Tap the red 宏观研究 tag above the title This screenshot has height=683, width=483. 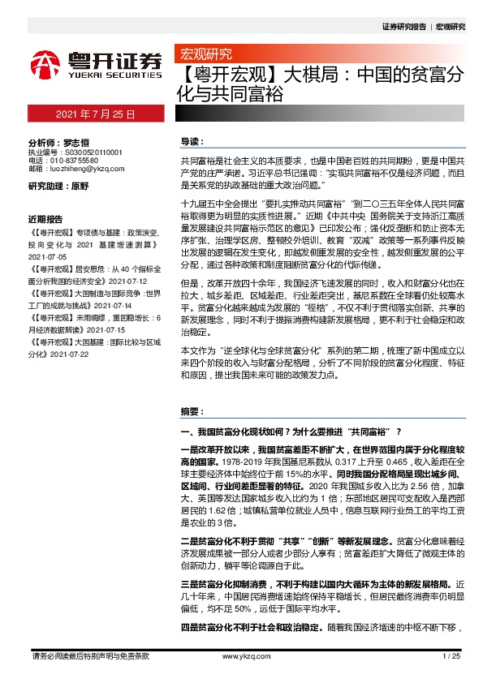tap(205, 55)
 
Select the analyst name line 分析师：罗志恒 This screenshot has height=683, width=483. tap(58, 141)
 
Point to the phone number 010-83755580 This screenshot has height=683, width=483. tap(75, 161)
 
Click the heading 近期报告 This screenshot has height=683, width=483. tap(45, 219)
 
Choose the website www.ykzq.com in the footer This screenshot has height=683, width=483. tap(241, 656)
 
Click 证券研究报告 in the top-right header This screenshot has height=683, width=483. tap(403, 27)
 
